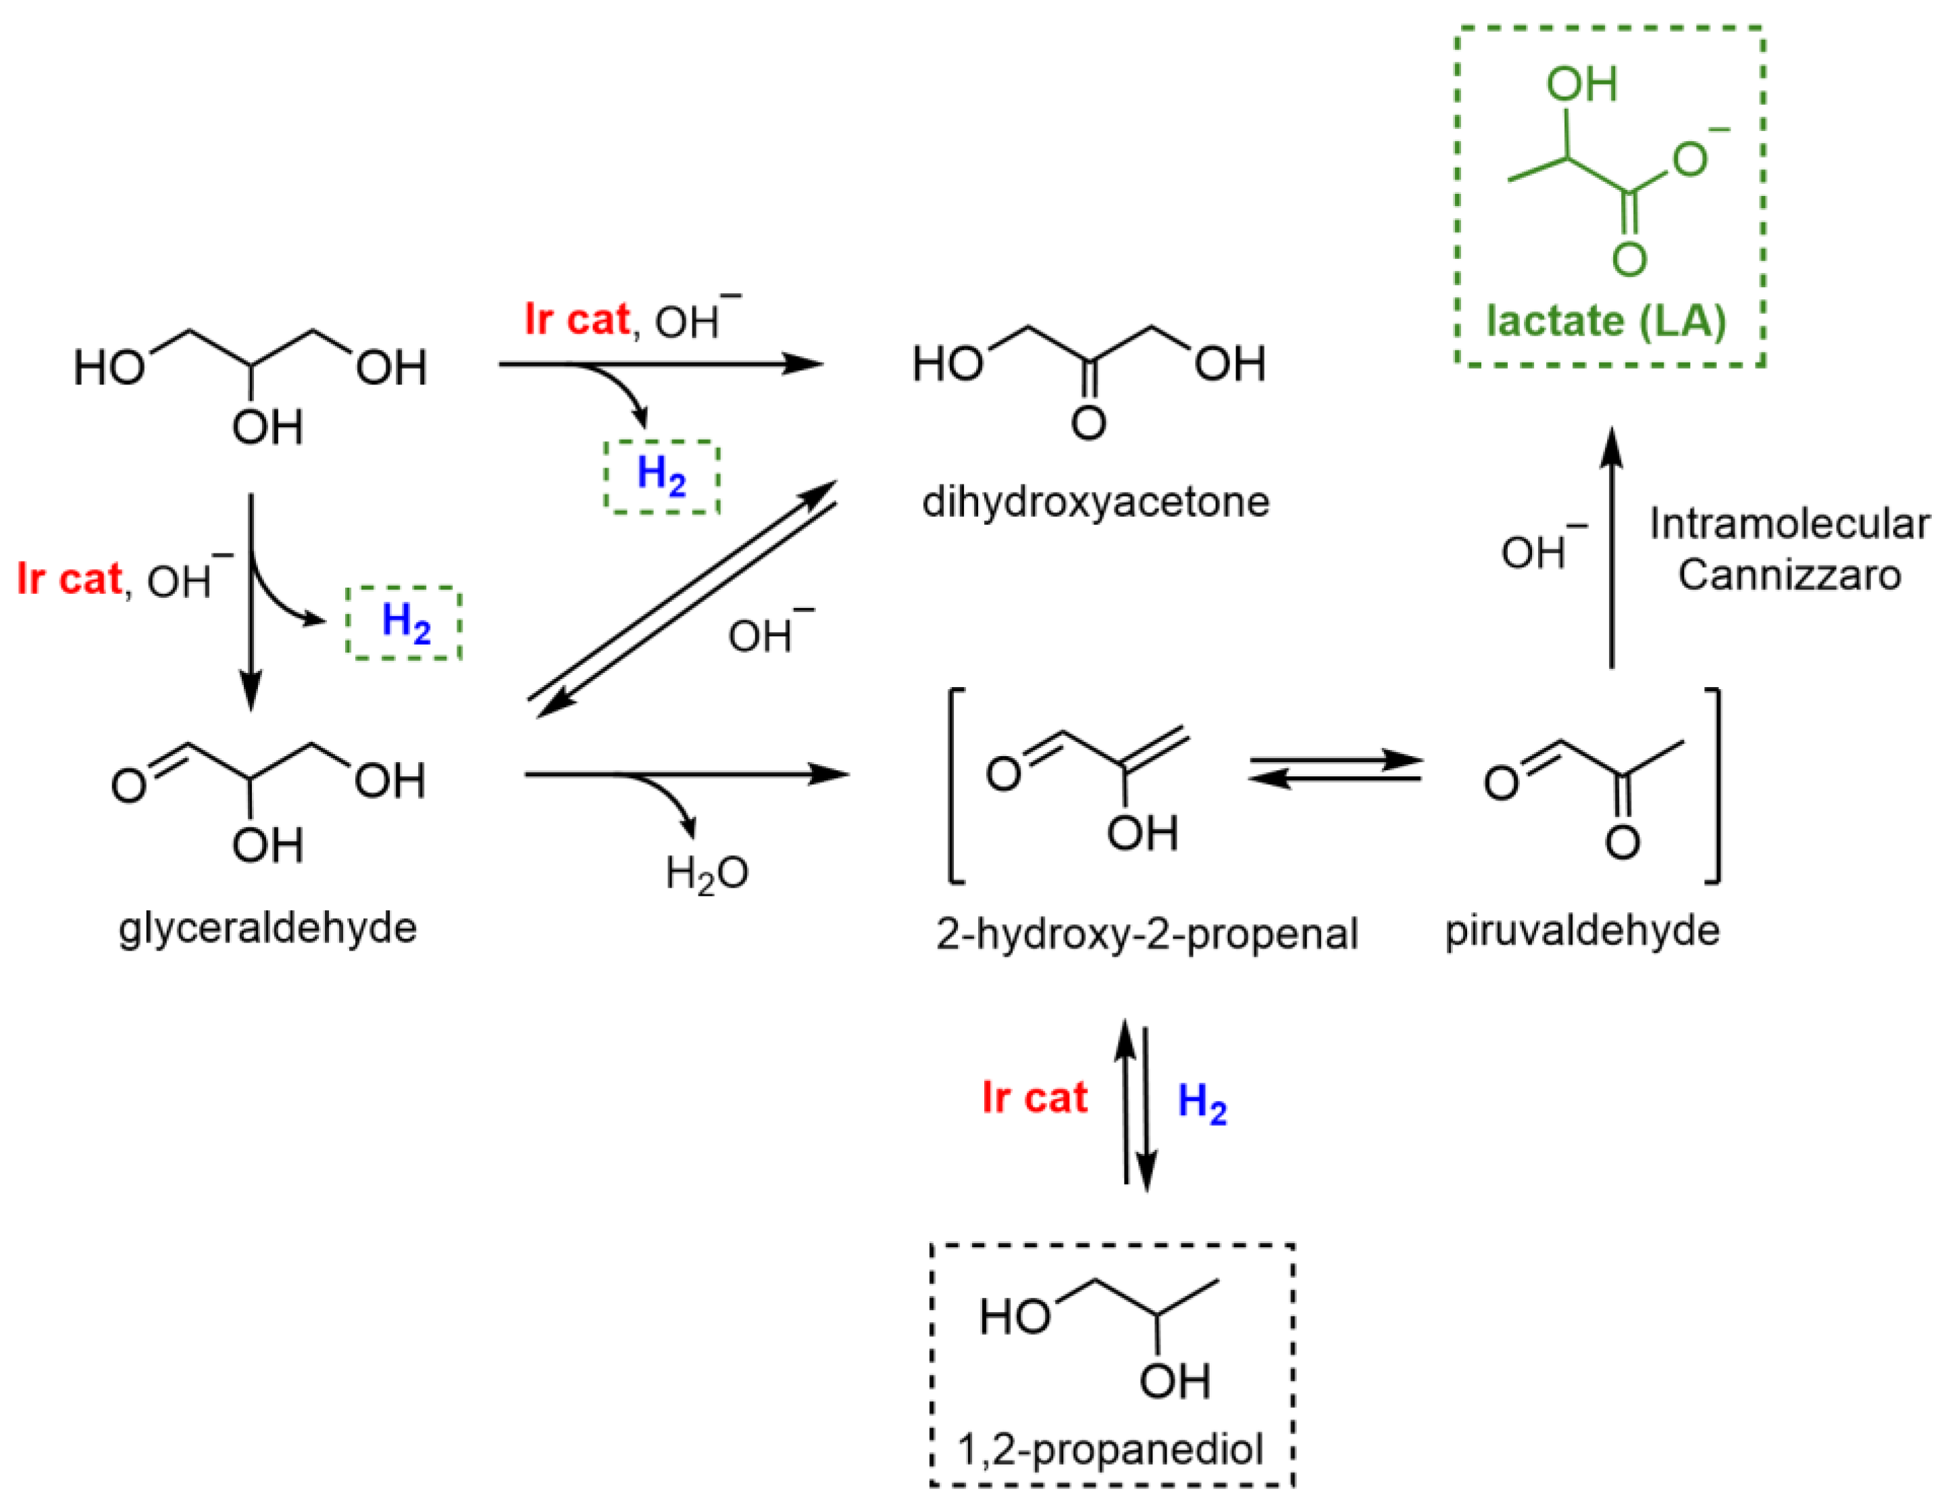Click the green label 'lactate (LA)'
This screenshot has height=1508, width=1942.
point(1606,321)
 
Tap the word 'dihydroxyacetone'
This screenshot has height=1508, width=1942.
point(1096,503)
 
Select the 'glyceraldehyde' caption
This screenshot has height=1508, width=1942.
point(267,928)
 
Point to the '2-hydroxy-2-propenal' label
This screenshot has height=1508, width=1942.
point(1146,934)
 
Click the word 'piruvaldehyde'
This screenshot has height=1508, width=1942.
point(1582,931)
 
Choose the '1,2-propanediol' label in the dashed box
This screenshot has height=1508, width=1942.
point(1110,1449)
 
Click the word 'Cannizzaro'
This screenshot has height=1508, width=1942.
point(1789,574)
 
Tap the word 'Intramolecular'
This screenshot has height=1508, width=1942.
point(1789,524)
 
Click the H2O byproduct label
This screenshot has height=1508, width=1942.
point(707,874)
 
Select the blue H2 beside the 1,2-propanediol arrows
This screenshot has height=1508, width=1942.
point(1202,1103)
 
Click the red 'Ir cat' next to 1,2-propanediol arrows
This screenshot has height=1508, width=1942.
point(1034,1098)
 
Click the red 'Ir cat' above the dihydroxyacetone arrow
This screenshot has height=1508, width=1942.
point(576,319)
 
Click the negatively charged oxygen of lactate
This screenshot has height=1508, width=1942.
point(1690,160)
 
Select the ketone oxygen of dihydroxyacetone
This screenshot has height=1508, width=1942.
point(1088,423)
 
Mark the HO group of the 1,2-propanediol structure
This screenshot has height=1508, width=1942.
point(1015,1317)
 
